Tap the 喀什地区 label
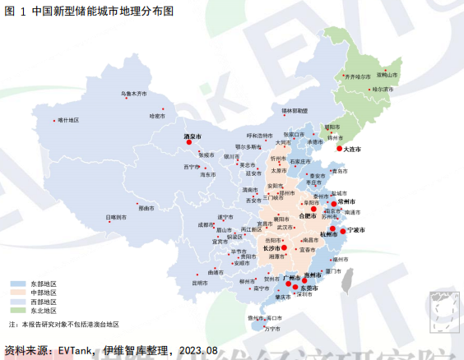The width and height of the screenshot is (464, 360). click(x=68, y=120)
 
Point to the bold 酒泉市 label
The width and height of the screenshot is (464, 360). click(x=192, y=136)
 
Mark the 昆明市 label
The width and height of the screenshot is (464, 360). click(x=200, y=282)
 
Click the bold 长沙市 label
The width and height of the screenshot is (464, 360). click(x=271, y=247)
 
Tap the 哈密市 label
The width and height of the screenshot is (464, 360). click(x=157, y=116)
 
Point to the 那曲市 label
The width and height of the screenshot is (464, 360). click(x=146, y=209)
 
